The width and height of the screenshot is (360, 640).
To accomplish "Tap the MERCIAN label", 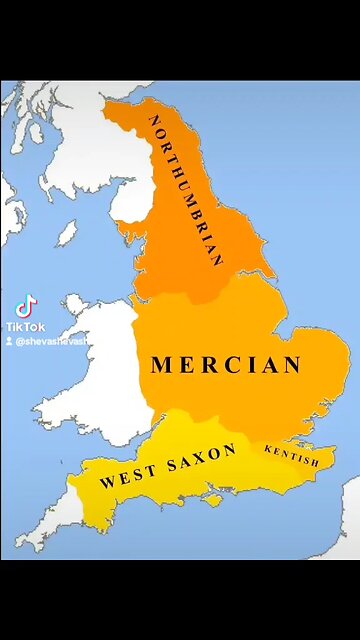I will (226, 365).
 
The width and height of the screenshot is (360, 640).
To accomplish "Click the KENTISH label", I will (292, 456).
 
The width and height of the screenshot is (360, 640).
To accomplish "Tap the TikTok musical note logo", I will (26, 305).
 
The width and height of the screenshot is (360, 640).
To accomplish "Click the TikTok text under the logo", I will (25, 326).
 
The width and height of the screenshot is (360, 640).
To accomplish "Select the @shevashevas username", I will (51, 341).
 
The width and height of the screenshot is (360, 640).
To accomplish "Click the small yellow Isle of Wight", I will (212, 500).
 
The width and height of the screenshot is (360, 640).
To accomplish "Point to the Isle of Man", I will (67, 233).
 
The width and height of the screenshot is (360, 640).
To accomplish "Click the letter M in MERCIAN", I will (160, 366).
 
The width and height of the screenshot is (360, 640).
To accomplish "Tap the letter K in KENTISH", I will (269, 449).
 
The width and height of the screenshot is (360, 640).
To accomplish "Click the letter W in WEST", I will (106, 481).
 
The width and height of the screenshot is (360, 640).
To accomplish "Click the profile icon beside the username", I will (8, 341).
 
